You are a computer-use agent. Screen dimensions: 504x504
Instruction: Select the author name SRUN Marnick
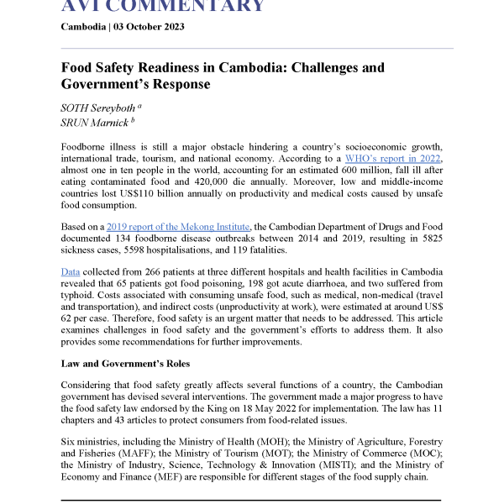pos(95,123)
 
